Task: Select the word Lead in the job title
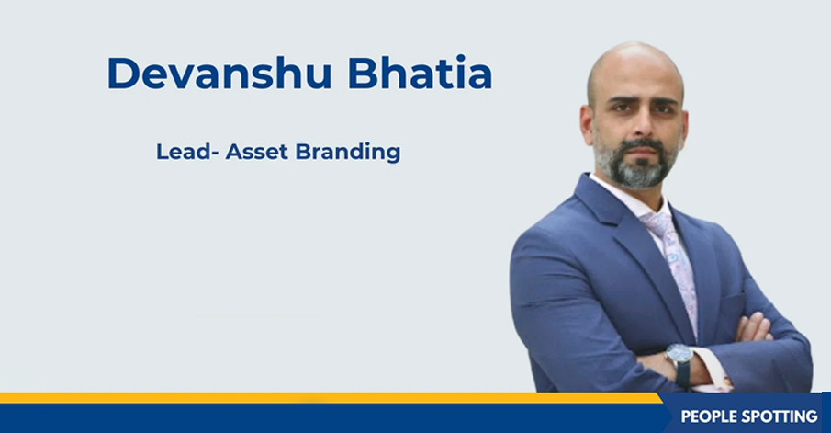[x=184, y=152]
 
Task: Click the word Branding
[x=348, y=153]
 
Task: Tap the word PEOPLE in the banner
[x=710, y=416]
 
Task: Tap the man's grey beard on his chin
[x=637, y=167]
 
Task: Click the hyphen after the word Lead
[x=215, y=154]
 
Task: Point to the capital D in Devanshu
[x=123, y=73]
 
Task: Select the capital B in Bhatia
[x=364, y=73]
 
